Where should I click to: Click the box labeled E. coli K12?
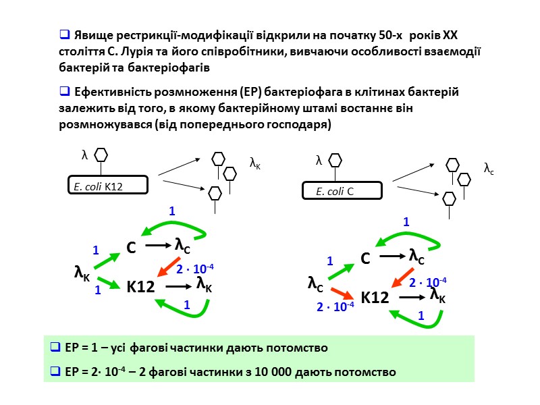click(x=108, y=185)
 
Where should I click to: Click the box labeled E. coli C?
click(x=342, y=191)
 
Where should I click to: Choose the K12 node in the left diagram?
click(x=140, y=287)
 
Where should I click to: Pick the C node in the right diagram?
click(x=365, y=259)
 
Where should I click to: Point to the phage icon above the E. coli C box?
click(x=335, y=161)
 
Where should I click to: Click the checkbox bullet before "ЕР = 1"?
click(x=57, y=348)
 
